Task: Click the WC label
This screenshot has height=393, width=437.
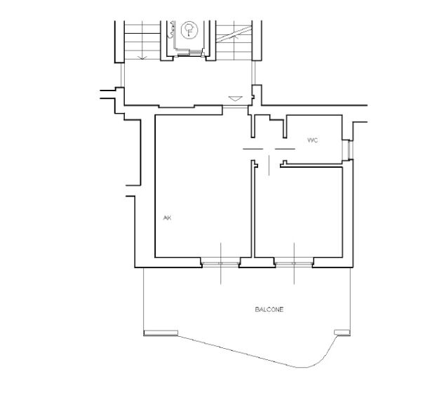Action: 312,140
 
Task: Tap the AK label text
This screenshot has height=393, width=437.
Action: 167,218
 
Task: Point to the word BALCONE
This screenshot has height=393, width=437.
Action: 269,309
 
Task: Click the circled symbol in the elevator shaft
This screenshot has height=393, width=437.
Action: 189,30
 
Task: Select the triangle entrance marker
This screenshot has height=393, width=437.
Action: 236,98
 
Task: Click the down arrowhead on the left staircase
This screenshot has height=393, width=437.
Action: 142,58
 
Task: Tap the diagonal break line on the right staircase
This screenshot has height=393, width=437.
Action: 234,34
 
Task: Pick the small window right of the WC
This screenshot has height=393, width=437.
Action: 349,149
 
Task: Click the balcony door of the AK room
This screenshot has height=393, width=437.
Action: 220,263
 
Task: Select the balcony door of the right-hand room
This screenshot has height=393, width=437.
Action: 294,263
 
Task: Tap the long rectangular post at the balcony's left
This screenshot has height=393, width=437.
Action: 161,333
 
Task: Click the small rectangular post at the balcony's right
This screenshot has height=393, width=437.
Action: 342,332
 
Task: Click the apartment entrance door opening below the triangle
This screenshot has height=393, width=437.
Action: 235,107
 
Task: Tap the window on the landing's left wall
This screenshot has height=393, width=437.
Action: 122,75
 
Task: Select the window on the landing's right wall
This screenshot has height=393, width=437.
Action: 253,73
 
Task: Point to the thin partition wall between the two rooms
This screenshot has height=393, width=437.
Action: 253,209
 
